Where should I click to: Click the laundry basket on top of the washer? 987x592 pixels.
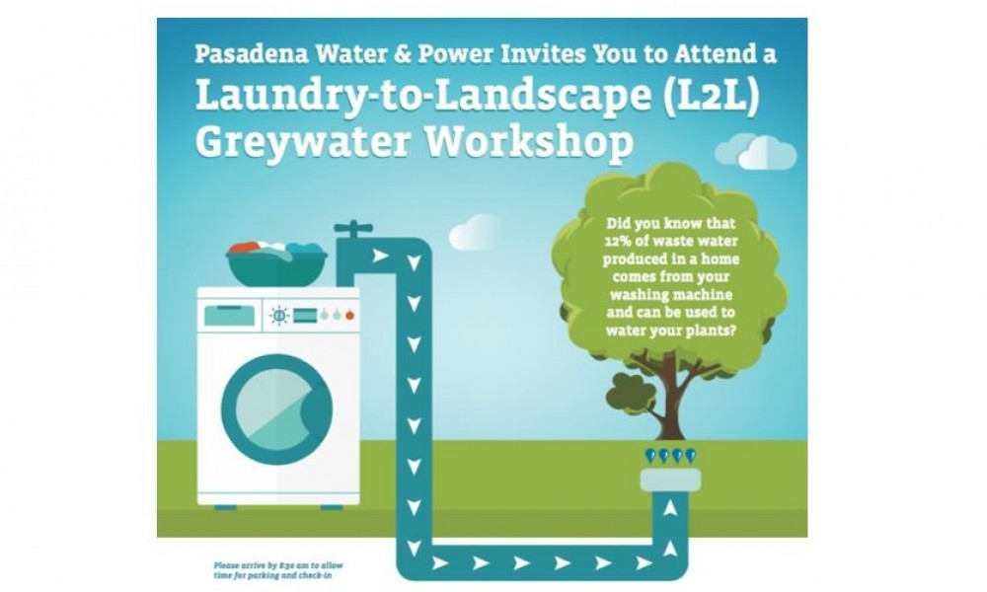click(277, 261)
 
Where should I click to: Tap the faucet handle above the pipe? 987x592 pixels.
click(347, 228)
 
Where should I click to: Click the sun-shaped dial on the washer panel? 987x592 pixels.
click(279, 315)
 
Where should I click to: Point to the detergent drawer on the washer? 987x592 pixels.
click(228, 315)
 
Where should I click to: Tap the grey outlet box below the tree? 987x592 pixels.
click(668, 479)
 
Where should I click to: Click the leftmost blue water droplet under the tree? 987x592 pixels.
click(648, 456)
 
